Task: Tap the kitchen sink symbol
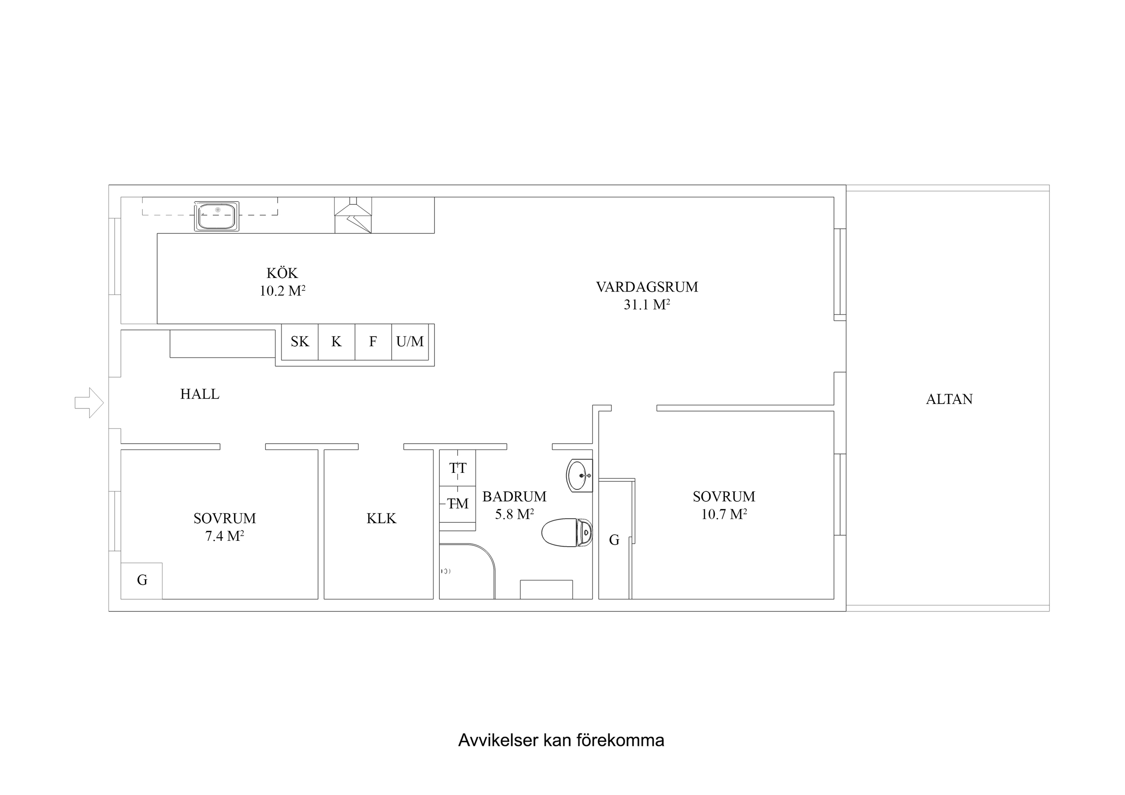(x=217, y=216)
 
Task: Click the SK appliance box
(x=300, y=341)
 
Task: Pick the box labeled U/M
(x=410, y=341)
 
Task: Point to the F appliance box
(x=373, y=341)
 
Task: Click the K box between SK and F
(x=336, y=341)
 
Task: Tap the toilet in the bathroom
(x=567, y=532)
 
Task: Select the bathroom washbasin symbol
(x=578, y=475)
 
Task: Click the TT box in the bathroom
(x=458, y=468)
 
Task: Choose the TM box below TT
(x=458, y=503)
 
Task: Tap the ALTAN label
(x=949, y=399)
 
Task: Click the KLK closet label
(x=381, y=518)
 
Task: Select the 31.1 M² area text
(x=646, y=305)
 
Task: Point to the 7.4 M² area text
(x=224, y=536)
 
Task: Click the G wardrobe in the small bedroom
(x=142, y=580)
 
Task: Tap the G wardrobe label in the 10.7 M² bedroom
(x=614, y=540)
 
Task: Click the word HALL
(x=199, y=394)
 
